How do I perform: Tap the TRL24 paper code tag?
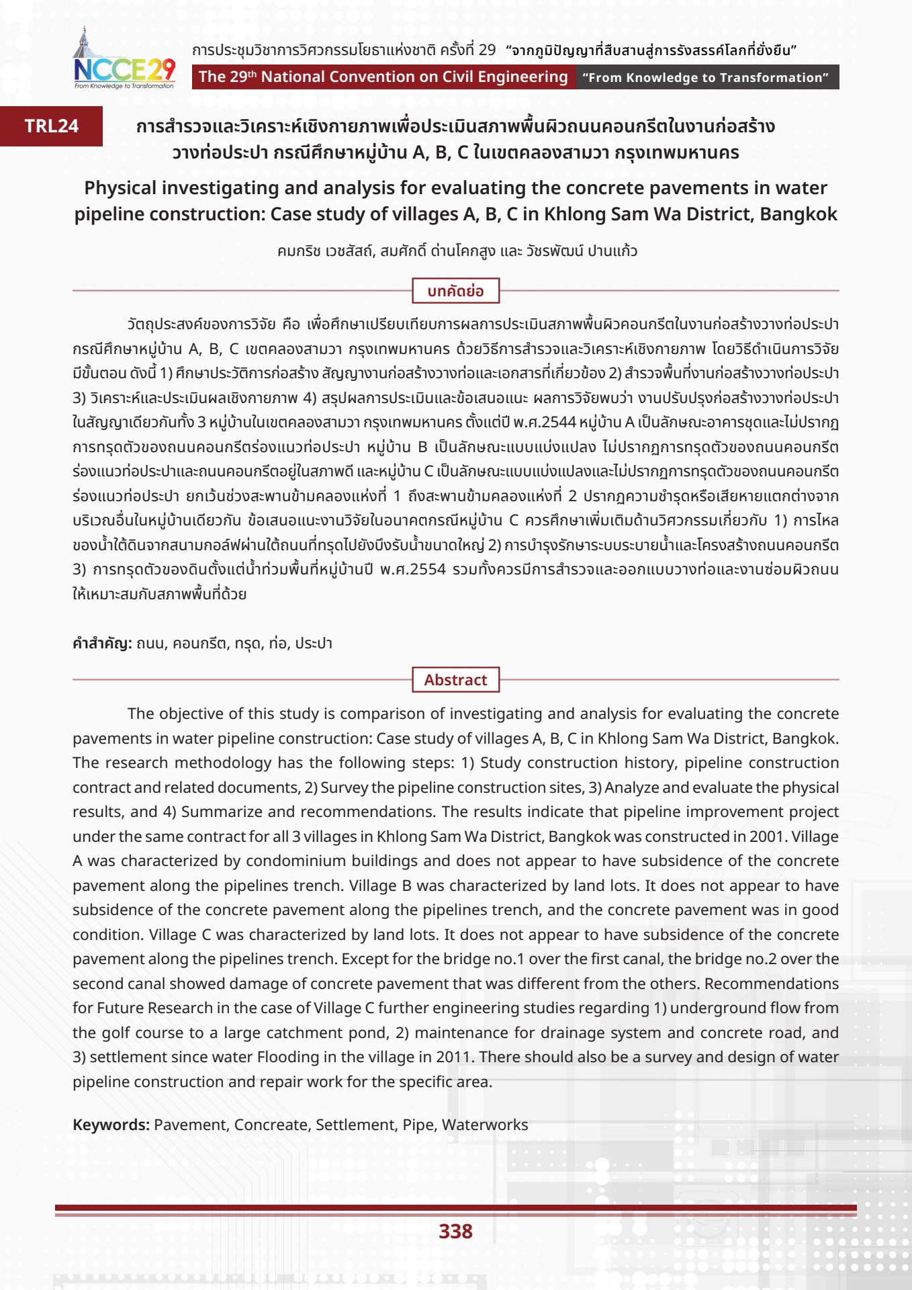[x=52, y=126]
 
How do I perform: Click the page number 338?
[x=455, y=1231]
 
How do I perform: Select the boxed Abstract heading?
[x=455, y=680]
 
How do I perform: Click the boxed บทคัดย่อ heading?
[x=455, y=291]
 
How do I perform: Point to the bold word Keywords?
[x=111, y=1125]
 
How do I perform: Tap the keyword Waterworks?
[x=485, y=1125]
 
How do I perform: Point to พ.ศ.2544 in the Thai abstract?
[x=544, y=422]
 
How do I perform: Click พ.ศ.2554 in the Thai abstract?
[x=412, y=569]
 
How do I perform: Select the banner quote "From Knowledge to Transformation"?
[x=705, y=77]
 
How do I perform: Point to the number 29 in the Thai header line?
[x=487, y=50]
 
